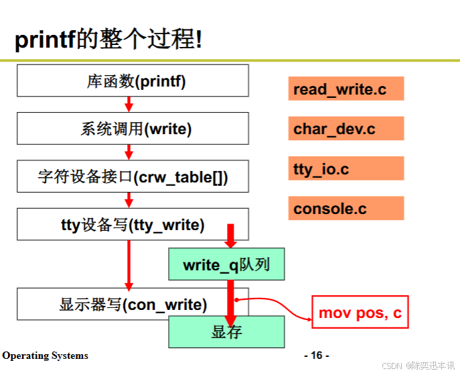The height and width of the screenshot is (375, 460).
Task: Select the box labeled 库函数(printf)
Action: (133, 81)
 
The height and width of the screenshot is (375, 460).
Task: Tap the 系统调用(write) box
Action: (133, 129)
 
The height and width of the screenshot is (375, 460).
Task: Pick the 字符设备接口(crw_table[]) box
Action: (133, 177)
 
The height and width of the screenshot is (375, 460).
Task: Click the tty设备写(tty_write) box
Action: (133, 225)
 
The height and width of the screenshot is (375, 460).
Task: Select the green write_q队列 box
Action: (226, 264)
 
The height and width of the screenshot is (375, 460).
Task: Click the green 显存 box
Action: (226, 332)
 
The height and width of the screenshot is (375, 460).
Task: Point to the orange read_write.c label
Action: (346, 89)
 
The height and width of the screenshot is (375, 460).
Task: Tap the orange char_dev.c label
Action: (346, 129)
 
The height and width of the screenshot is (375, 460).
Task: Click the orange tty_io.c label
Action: (346, 169)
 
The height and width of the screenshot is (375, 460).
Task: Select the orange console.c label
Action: (346, 209)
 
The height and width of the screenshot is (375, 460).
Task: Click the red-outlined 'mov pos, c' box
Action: (360, 313)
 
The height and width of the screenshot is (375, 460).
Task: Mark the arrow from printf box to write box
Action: (129, 104)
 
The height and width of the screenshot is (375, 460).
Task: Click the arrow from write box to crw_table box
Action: (129, 152)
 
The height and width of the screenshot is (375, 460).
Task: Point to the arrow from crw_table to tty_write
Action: (129, 200)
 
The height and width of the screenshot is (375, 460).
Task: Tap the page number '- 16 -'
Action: (317, 355)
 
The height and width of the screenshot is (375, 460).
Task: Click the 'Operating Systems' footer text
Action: (45, 356)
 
